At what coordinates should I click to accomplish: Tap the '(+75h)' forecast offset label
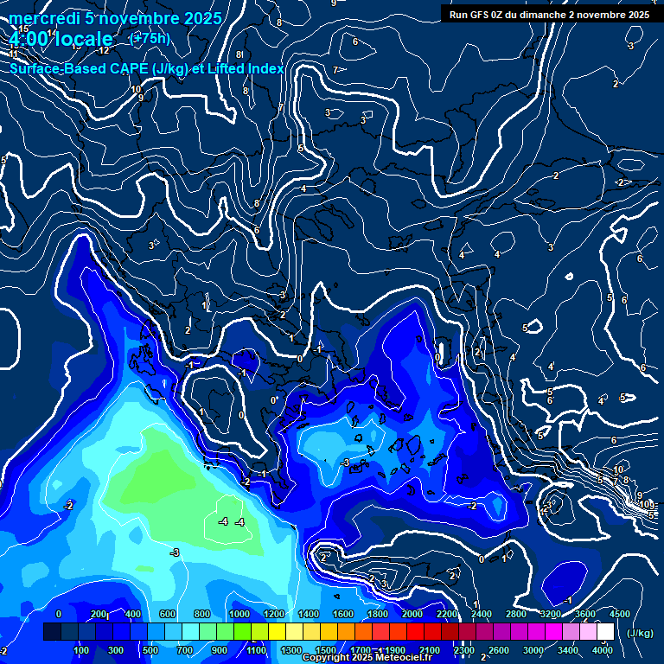(149, 38)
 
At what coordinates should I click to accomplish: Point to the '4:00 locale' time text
(62, 39)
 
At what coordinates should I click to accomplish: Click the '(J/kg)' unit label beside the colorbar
(639, 634)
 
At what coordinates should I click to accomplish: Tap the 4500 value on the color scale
(619, 614)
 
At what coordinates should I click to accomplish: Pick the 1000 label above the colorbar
(239, 614)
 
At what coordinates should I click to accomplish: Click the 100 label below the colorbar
(82, 650)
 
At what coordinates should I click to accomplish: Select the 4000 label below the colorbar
(603, 650)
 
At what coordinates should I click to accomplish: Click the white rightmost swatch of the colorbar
(605, 632)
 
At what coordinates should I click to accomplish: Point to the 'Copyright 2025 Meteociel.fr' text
(367, 658)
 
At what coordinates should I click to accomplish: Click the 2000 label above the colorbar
(412, 614)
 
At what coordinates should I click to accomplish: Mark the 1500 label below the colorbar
(326, 650)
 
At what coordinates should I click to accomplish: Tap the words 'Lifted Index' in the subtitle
(245, 68)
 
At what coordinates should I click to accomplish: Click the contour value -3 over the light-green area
(175, 552)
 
